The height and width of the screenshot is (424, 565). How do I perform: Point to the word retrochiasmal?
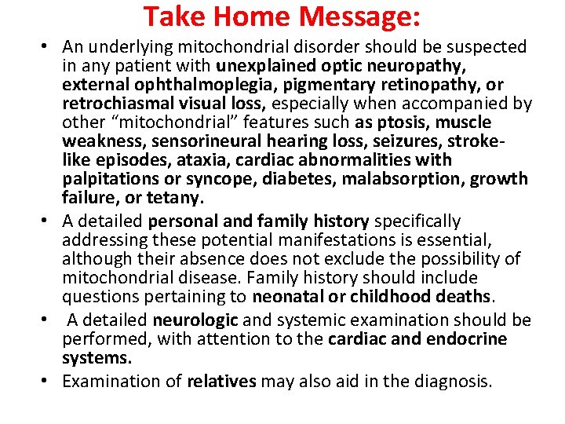(x=115, y=104)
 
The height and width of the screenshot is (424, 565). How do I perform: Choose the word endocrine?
(x=461, y=339)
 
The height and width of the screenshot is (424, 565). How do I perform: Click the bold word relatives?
(x=222, y=382)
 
